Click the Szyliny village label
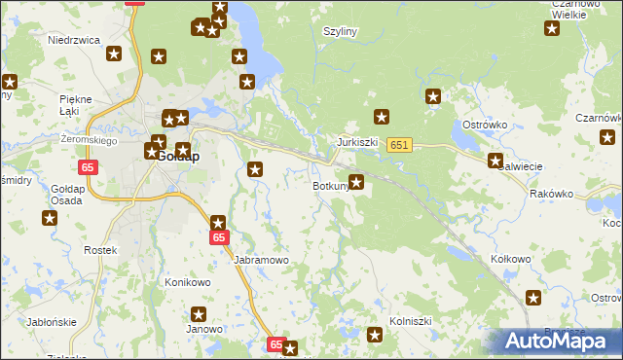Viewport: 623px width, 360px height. point(340,31)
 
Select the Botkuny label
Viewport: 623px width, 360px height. point(330,185)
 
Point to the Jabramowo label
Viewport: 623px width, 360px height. point(262,261)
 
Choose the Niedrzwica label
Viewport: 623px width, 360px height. point(75,41)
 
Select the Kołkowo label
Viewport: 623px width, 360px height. point(511,259)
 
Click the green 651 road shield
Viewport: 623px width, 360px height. point(399,145)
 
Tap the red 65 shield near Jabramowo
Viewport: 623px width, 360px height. point(219,237)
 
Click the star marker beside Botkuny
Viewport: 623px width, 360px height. point(357,181)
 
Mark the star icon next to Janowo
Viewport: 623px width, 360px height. point(199,314)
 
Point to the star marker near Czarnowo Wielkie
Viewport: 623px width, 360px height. point(552,28)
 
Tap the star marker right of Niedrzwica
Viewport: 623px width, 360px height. point(115,54)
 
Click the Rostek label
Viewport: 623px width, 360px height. point(100,250)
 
